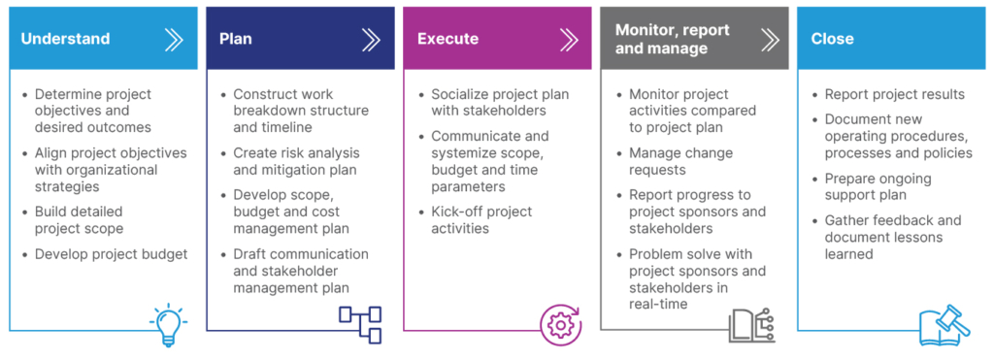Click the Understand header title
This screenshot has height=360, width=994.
pos(65,39)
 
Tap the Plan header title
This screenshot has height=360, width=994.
pos(235,39)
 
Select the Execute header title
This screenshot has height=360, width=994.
pos(447,39)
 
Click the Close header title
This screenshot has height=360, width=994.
pos(832,39)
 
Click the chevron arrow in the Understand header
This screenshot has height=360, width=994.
pos(174,39)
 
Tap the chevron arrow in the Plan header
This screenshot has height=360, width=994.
pos(371,39)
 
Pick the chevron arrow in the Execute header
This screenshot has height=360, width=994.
pos(568,39)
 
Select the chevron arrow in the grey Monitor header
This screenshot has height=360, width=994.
pos(770,39)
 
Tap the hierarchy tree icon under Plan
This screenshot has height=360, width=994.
pos(359,324)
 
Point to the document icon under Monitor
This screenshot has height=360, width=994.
pos(750,324)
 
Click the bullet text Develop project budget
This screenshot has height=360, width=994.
pos(111,254)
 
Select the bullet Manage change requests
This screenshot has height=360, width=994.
pos(680,161)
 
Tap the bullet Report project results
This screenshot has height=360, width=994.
pos(894,94)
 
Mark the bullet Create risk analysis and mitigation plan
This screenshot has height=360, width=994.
pos(295,161)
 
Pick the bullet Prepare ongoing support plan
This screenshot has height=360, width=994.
pos(878,186)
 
